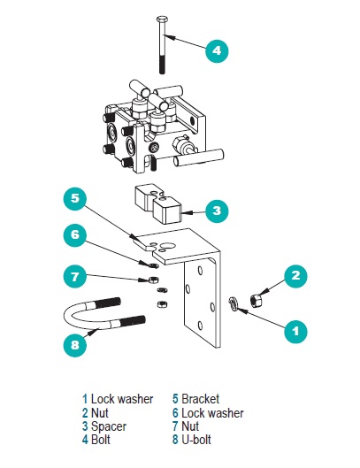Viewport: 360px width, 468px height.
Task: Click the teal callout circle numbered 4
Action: tap(217, 50)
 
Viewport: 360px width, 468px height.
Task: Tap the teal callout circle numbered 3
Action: tap(217, 211)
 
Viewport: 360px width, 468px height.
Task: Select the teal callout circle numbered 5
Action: tap(75, 198)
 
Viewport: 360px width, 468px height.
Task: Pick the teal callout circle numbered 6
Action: tap(75, 234)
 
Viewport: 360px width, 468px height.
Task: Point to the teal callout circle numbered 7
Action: tap(75, 276)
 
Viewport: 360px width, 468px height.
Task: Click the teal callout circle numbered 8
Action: tap(75, 345)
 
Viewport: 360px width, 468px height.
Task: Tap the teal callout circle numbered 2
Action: tap(295, 275)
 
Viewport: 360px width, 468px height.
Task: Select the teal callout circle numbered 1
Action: tap(295, 331)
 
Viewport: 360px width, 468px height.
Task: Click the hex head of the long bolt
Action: tap(162, 19)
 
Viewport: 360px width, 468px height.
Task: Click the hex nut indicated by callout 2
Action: tap(257, 299)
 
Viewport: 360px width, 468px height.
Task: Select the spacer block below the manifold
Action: tap(158, 203)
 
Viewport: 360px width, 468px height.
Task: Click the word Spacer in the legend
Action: tap(109, 426)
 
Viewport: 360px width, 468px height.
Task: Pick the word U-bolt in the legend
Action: tap(196, 440)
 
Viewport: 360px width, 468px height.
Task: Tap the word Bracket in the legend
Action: tap(200, 399)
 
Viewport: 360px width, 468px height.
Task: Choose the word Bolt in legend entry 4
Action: tap(101, 440)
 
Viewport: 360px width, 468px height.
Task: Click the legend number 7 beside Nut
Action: tap(175, 426)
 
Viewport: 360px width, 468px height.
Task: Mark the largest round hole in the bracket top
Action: tap(165, 246)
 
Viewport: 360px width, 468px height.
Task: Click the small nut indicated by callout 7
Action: tap(153, 280)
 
